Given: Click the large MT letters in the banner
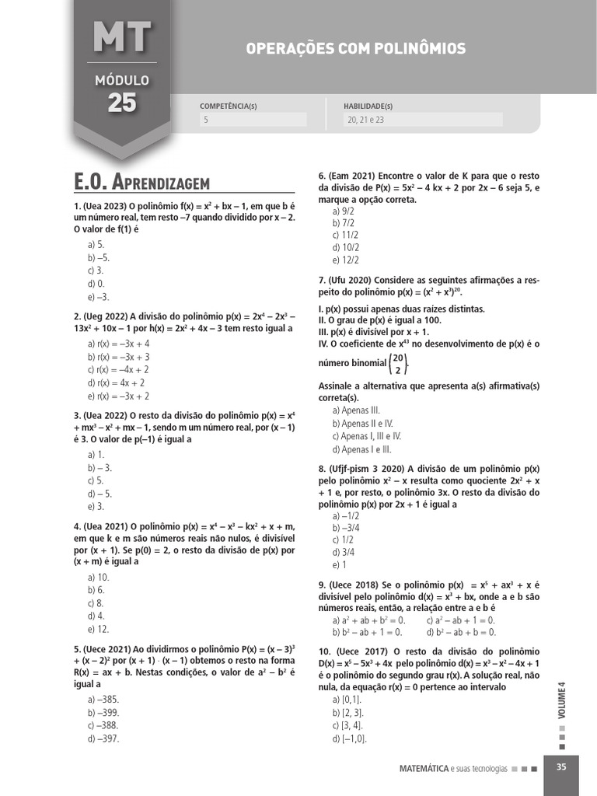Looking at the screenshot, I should tap(122, 37).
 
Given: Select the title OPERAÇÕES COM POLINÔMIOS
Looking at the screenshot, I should tap(356, 49).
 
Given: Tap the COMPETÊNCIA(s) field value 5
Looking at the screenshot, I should tap(206, 120).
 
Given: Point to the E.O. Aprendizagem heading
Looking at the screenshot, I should tap(142, 183).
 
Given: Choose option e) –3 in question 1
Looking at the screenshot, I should tap(99, 297).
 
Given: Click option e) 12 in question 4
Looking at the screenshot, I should tap(99, 629).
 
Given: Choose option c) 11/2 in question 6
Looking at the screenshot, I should tap(345, 235).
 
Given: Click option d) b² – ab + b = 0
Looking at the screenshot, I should tap(461, 633).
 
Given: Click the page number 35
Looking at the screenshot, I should tap(561, 767).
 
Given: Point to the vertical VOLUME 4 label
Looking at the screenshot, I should tap(561, 699).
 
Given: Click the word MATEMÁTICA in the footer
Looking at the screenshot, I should tap(423, 768).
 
